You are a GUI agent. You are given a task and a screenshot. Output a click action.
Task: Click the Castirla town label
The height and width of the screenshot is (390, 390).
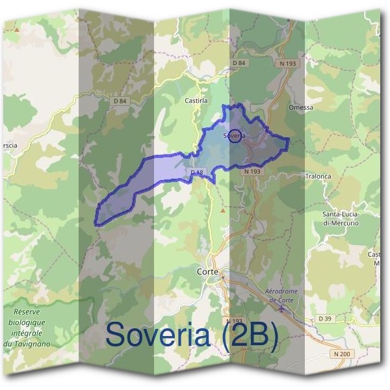[x=195, y=101]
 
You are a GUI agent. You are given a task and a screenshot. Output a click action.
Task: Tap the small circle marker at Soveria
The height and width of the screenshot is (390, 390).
[x=236, y=136]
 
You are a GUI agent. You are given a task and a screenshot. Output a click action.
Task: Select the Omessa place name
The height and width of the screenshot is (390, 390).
[x=301, y=107]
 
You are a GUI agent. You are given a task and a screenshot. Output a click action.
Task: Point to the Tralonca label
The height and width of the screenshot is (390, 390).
[x=318, y=175]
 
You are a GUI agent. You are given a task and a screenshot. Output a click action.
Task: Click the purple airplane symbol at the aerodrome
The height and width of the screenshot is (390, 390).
[x=281, y=309]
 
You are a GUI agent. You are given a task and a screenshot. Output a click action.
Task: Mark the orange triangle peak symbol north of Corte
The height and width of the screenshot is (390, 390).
[x=223, y=210]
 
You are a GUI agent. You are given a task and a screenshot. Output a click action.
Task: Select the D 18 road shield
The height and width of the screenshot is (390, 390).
[x=198, y=172]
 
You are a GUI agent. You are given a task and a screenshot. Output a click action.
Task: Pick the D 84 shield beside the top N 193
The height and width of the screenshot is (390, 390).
[x=239, y=62]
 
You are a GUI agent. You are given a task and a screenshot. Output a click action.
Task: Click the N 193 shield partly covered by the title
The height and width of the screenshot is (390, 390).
[x=235, y=321]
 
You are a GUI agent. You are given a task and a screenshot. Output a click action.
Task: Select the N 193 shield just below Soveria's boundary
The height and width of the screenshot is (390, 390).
[x=252, y=171]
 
